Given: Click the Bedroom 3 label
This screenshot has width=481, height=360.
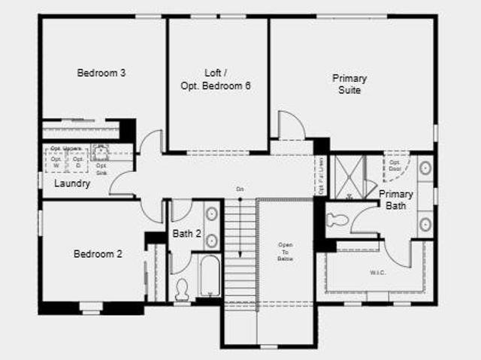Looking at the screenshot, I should point(101,73).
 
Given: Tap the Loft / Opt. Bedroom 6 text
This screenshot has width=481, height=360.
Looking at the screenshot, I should point(216,80).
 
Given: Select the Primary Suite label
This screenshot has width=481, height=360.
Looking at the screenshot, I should point(349,84).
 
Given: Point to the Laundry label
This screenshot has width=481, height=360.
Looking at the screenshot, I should point(72,183).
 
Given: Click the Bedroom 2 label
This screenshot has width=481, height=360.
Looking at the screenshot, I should point(98,254).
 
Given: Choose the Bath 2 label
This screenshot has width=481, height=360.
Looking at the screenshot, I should point(186,234).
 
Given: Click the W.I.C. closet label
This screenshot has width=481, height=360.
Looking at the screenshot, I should point(377,272).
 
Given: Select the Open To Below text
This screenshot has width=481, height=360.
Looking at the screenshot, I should point(285,252).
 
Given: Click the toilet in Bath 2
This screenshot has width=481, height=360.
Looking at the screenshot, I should point(181,289).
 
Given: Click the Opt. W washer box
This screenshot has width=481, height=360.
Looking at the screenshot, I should point(56,162).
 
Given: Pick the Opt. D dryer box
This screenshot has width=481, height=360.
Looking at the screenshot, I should point(78,162).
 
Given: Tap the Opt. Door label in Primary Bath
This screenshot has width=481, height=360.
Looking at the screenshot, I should point(395,165).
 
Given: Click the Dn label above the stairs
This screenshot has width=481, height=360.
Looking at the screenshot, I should point(239,189).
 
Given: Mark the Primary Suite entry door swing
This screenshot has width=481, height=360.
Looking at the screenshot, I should point(290,125).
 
